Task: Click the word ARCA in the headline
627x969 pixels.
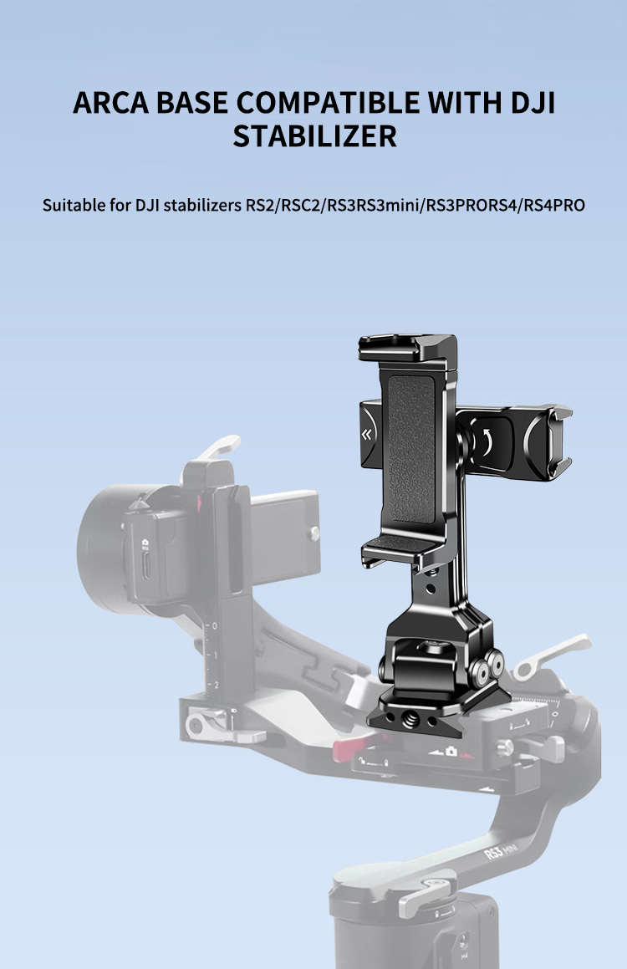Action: pos(111,103)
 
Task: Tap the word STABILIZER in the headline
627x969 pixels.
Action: pos(314,136)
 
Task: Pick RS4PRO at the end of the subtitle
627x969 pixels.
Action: pos(554,205)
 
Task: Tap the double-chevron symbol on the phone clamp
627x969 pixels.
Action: pos(366,436)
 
